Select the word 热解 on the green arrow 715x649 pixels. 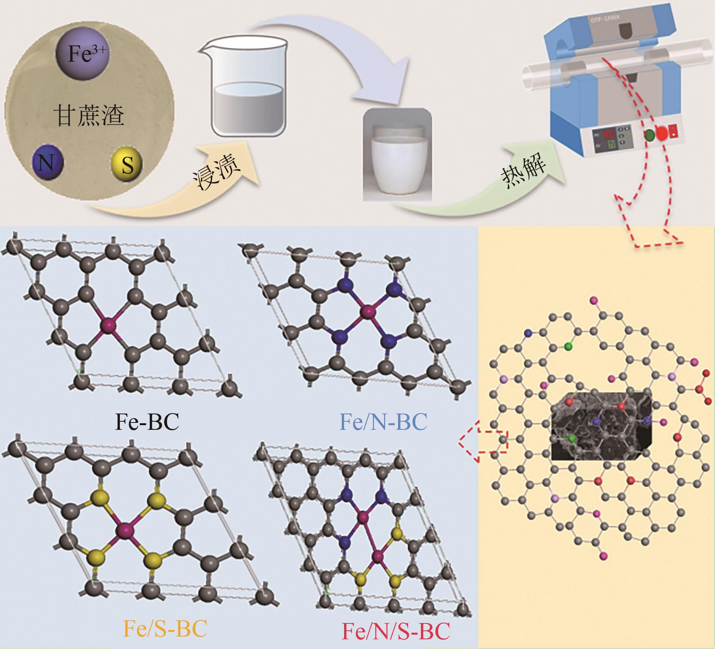(525, 171)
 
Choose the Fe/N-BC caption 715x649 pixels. (383, 421)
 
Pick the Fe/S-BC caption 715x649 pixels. (164, 628)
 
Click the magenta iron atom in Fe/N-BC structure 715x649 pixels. (366, 311)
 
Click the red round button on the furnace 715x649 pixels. (662, 133)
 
